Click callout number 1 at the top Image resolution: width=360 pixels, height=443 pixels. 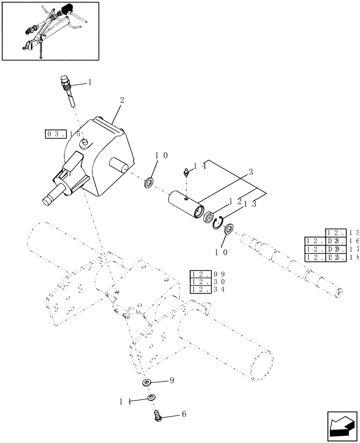(90, 82)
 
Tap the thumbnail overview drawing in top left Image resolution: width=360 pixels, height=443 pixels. (50, 31)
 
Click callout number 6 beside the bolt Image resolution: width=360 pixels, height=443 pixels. (184, 414)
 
